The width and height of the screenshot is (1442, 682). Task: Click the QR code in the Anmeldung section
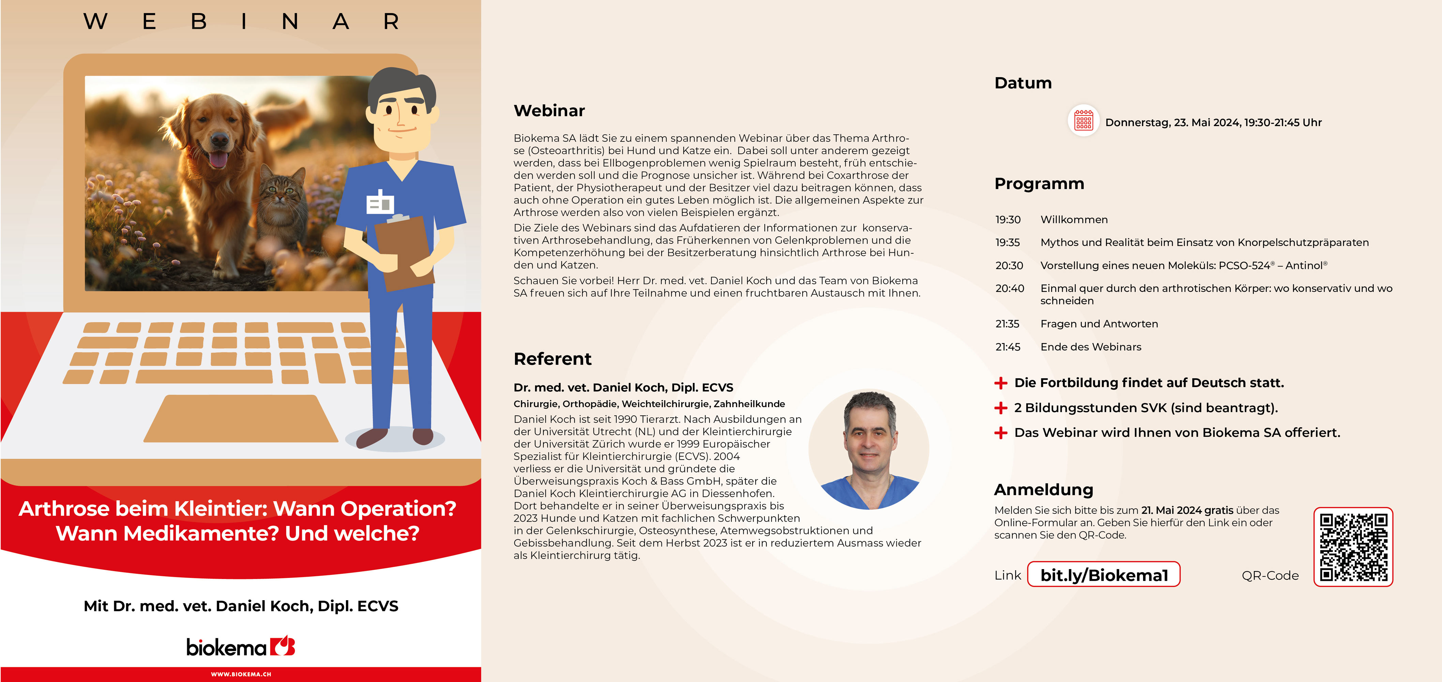pyautogui.click(x=1353, y=547)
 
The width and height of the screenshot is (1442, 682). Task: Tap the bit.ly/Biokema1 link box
pyautogui.click(x=1104, y=575)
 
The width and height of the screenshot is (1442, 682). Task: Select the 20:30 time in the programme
pyautogui.click(x=1009, y=265)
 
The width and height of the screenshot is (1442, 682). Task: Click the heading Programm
pyautogui.click(x=1039, y=184)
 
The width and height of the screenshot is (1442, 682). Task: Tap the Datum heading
pyautogui.click(x=1023, y=83)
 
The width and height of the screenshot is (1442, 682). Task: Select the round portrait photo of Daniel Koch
pyautogui.click(x=869, y=449)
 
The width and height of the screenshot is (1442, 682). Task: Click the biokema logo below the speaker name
pyautogui.click(x=241, y=647)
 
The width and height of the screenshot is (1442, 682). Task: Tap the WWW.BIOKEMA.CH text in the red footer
pyautogui.click(x=241, y=674)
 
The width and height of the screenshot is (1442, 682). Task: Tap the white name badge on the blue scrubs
pyautogui.click(x=380, y=202)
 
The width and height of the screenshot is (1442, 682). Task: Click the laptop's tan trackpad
pyautogui.click(x=241, y=418)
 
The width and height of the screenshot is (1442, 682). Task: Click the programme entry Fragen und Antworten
pyautogui.click(x=1099, y=324)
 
